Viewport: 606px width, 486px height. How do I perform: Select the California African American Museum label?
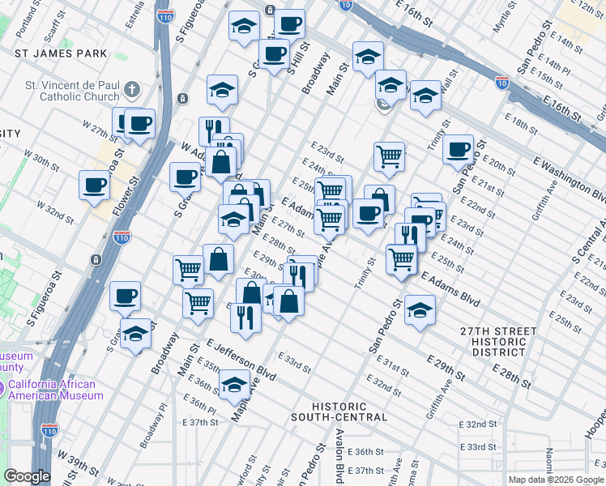55,390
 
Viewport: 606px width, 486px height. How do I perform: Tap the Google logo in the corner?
27,475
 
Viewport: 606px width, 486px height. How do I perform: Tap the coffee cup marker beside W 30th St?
95,185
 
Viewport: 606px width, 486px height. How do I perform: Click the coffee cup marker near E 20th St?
459,148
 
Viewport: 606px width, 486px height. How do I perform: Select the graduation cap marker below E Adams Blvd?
420,309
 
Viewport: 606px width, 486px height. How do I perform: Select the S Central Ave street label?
589,241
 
